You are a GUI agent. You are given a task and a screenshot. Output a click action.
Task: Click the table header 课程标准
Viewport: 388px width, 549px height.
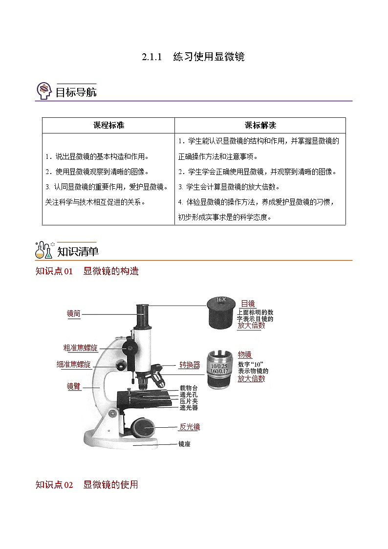pyautogui.click(x=108, y=125)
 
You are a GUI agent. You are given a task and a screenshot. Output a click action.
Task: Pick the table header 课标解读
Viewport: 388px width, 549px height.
pyautogui.click(x=260, y=125)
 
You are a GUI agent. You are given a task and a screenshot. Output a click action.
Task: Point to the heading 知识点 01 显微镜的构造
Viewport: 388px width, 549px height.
pyautogui.click(x=87, y=271)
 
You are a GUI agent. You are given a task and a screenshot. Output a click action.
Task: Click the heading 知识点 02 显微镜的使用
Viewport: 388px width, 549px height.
pyautogui.click(x=87, y=484)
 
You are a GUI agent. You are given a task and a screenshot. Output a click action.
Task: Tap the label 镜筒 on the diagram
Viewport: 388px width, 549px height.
pyautogui.click(x=74, y=314)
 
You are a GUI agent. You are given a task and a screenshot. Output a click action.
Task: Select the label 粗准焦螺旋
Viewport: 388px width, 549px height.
pyautogui.click(x=81, y=348)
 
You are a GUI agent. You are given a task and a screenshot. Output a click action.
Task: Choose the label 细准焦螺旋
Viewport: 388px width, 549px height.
pyautogui.click(x=74, y=365)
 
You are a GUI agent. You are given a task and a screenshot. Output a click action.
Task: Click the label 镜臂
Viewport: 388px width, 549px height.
pyautogui.click(x=74, y=386)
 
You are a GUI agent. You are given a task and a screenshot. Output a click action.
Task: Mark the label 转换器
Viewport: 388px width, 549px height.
pyautogui.click(x=190, y=365)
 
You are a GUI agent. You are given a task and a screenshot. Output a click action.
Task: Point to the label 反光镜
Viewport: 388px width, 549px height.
pyautogui.click(x=190, y=427)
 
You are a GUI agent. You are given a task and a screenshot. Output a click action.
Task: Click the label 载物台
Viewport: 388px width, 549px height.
pyautogui.click(x=189, y=388)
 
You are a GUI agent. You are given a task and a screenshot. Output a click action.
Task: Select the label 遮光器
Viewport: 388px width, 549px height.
pyautogui.click(x=189, y=407)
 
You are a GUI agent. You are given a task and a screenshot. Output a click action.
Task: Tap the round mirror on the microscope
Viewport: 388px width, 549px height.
pyautogui.click(x=145, y=427)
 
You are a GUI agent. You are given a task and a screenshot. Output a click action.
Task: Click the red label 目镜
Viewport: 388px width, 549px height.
pyautogui.click(x=248, y=304)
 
